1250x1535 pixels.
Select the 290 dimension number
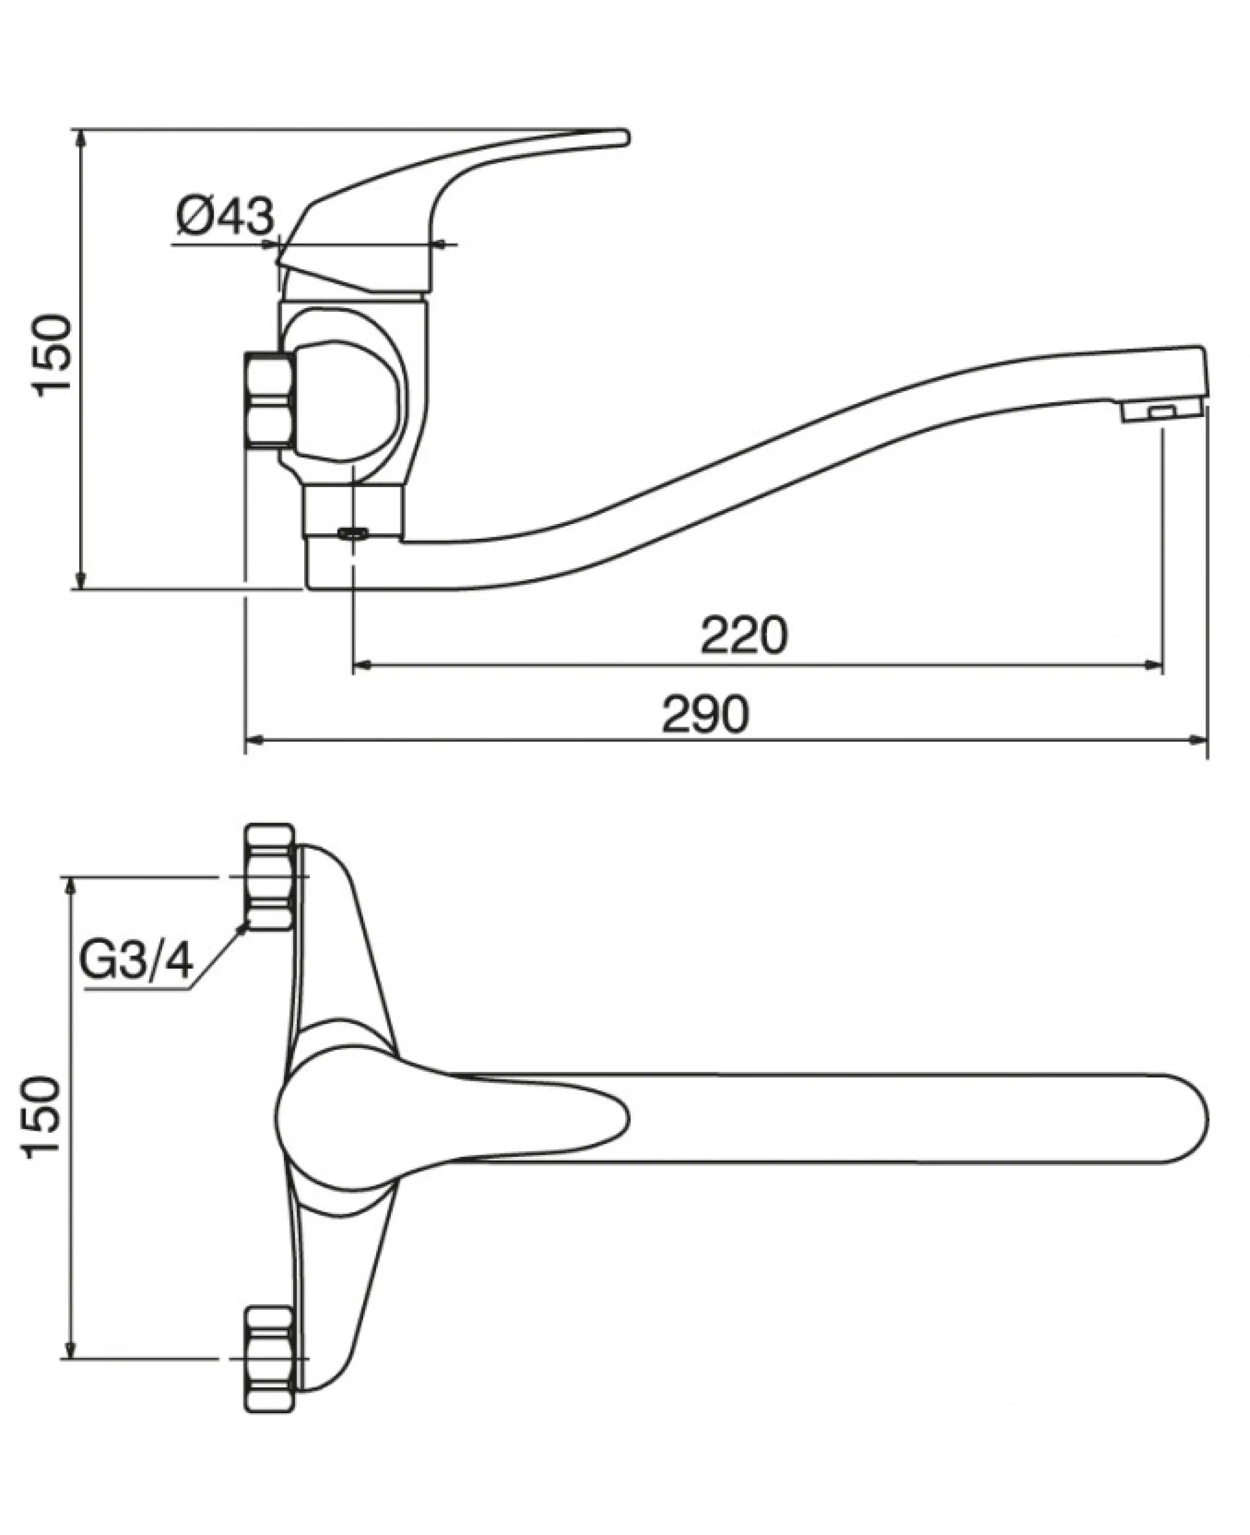click(x=706, y=715)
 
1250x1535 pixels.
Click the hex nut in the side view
click(x=270, y=401)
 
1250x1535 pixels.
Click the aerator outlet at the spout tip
click(x=1160, y=411)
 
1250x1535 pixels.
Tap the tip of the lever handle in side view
click(x=621, y=137)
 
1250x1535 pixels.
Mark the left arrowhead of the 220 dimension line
click(x=362, y=665)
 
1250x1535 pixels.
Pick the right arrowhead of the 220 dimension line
click(x=1153, y=665)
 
